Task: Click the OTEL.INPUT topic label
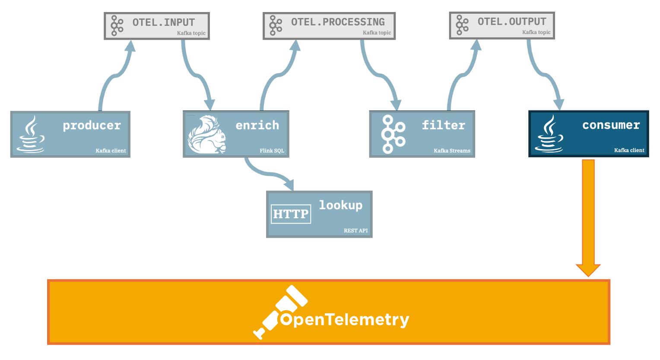pyautogui.click(x=163, y=22)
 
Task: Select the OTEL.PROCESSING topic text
pyautogui.click(x=338, y=22)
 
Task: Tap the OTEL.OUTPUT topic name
pyautogui.click(x=512, y=22)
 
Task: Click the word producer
pyautogui.click(x=92, y=125)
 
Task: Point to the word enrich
pyautogui.click(x=257, y=125)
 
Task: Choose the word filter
pyautogui.click(x=443, y=125)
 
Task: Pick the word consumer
pyautogui.click(x=611, y=125)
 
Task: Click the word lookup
pyautogui.click(x=340, y=205)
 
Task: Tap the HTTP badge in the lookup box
pyautogui.click(x=291, y=214)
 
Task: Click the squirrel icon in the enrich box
pyautogui.click(x=206, y=134)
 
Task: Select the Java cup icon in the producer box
pyautogui.click(x=31, y=134)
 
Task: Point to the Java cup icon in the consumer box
pyautogui.click(x=549, y=134)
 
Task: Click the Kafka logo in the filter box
pyautogui.click(x=393, y=134)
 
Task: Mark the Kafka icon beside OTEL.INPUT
pyautogui.click(x=117, y=25)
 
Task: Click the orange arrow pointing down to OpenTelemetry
pyautogui.click(x=588, y=216)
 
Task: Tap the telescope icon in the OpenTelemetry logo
pyautogui.click(x=279, y=311)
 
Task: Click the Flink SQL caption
pyautogui.click(x=272, y=151)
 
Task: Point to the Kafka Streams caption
pyautogui.click(x=452, y=151)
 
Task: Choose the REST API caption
pyautogui.click(x=355, y=231)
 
